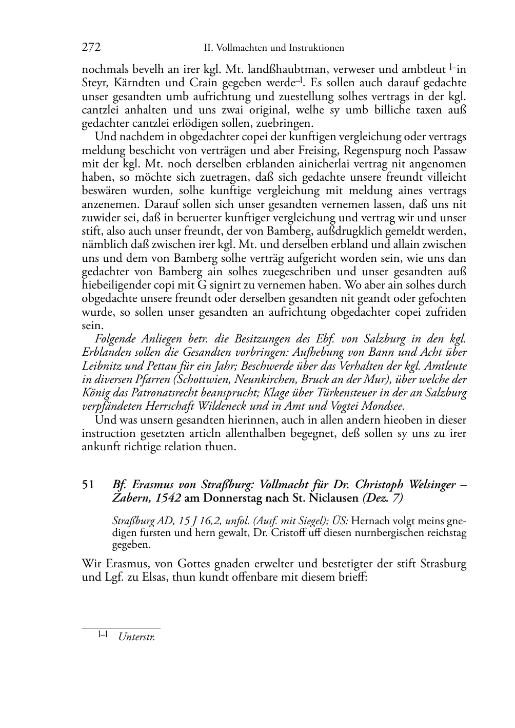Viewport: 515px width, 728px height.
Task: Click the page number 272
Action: click(91, 48)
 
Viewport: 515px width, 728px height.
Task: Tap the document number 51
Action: click(88, 485)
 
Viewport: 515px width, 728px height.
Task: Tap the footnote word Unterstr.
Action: click(136, 638)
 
